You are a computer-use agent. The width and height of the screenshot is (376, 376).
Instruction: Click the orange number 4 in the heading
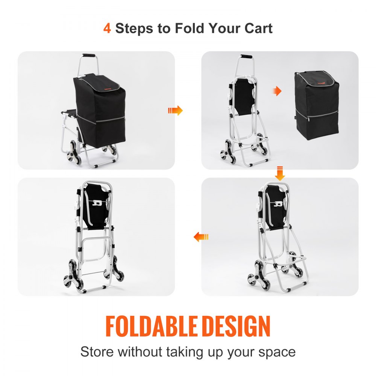(107, 28)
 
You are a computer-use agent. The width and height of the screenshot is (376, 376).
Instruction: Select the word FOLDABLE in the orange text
(152, 326)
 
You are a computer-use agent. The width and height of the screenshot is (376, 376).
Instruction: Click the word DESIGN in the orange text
(235, 326)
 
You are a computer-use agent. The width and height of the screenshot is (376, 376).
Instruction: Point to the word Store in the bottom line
(97, 352)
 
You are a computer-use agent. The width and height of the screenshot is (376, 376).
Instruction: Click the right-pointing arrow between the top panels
(175, 110)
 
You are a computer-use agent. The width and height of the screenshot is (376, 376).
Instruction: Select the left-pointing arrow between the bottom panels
(201, 237)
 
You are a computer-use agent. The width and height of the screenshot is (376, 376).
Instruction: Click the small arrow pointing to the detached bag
(277, 91)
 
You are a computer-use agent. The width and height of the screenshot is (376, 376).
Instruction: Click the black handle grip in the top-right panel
(246, 57)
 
